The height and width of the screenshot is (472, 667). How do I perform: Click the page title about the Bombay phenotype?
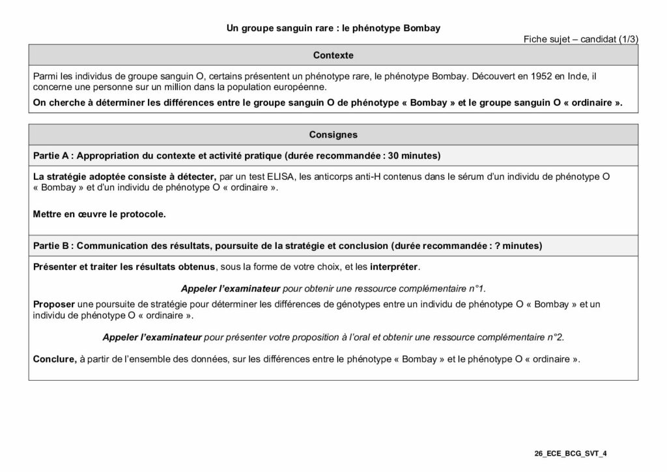[x=333, y=28]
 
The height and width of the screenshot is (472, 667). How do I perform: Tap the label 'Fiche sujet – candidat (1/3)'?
[x=580, y=39]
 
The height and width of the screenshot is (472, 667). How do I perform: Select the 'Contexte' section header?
[x=333, y=55]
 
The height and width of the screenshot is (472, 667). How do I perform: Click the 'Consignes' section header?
[x=333, y=135]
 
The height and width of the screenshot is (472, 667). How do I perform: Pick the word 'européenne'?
[x=302, y=87]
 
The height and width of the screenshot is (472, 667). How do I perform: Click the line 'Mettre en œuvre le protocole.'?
[x=99, y=213]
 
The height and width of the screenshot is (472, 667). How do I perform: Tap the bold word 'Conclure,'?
[x=55, y=359]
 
